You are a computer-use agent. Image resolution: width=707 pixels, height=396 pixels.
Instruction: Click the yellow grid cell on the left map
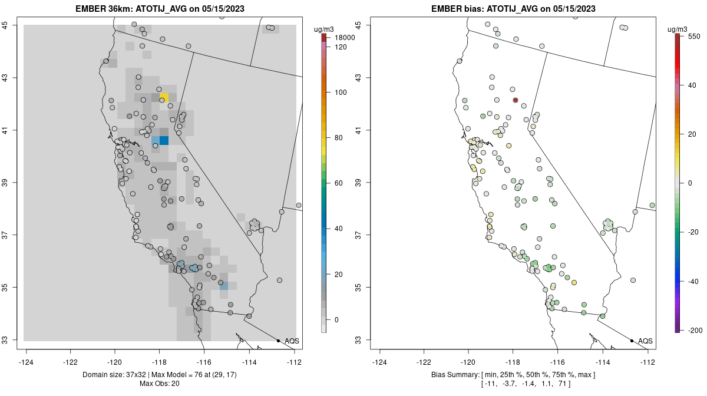[164, 97]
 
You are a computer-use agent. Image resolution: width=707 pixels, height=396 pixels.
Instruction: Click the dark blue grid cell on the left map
[164, 140]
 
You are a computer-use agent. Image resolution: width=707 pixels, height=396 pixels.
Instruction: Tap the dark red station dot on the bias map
[516, 100]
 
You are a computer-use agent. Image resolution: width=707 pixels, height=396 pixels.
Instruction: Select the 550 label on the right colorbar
[694, 36]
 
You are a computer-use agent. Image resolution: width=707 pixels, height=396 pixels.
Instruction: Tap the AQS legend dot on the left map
[278, 341]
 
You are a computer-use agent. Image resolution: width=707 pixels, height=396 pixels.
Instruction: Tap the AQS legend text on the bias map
[645, 341]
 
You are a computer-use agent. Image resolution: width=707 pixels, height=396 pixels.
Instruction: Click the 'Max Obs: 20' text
[160, 384]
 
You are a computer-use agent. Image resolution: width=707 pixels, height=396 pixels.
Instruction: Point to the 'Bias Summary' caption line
[513, 375]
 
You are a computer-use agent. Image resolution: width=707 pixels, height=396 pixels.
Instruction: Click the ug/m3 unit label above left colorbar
[324, 28]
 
